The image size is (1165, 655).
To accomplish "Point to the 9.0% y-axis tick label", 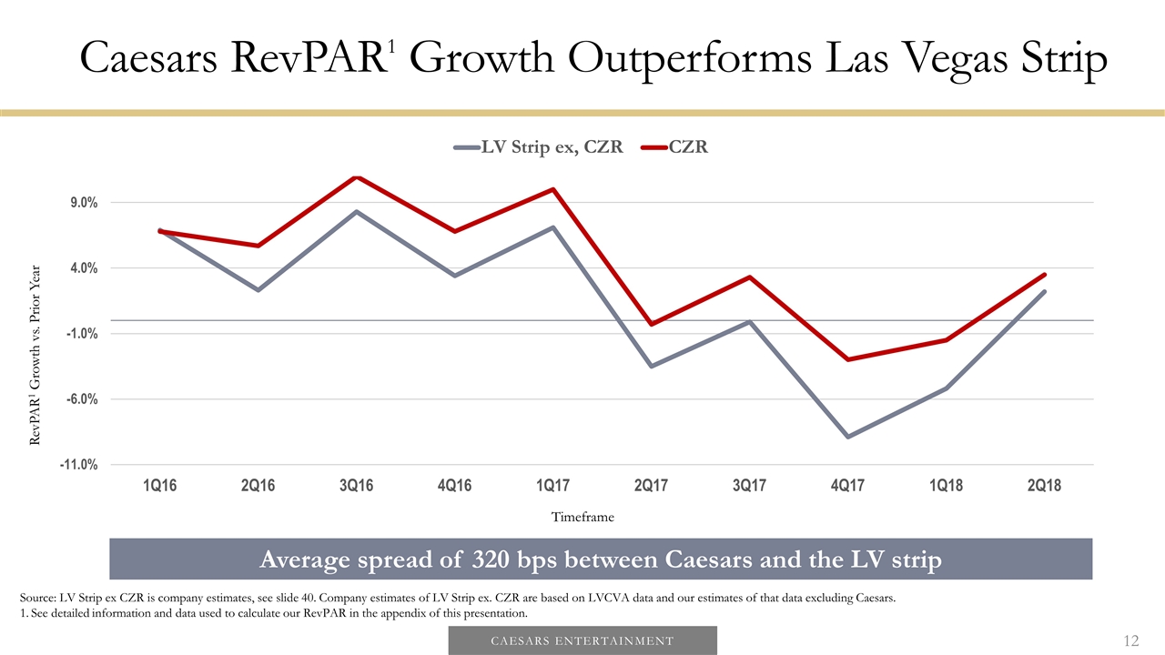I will coord(79,203).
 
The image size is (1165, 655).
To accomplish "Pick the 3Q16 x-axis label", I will coord(357,486).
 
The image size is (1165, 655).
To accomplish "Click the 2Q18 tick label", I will coord(1043,486).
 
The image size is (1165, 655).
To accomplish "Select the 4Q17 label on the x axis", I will coord(847,486).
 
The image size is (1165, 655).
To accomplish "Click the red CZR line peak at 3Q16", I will coord(358,177).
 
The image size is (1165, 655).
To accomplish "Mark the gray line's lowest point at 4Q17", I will coord(848,437).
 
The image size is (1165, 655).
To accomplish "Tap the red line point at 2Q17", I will coord(652,324).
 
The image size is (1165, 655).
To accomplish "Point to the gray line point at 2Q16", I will coord(258,289).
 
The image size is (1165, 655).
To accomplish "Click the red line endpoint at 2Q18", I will coord(1044,275).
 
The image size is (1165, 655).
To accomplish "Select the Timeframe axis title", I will coord(582,517).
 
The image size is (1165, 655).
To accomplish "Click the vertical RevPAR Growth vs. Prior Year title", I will coord(35,355).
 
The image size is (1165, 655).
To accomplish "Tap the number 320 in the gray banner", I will coord(497,559).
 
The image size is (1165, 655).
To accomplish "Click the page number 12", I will coord(1130,641).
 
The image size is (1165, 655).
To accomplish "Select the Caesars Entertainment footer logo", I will coord(582,640).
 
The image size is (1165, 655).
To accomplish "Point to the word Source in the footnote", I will coord(37,598).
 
